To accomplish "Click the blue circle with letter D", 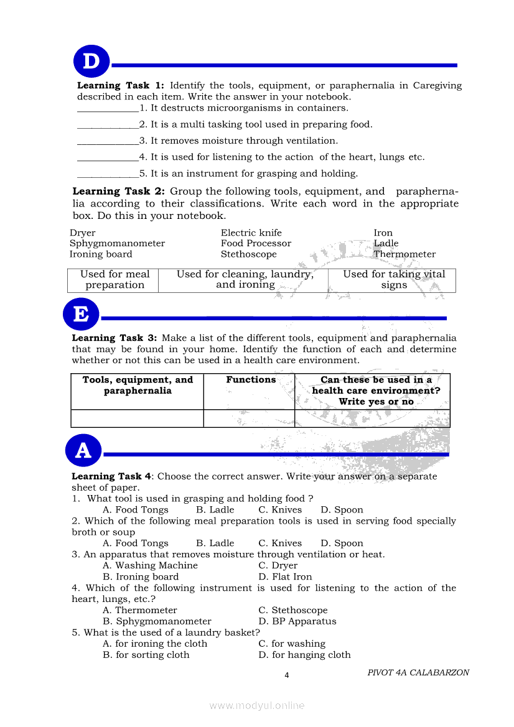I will (91, 62).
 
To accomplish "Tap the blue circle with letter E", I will (81, 314).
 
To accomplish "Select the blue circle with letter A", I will (83, 450).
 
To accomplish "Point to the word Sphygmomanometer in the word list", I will (117, 244).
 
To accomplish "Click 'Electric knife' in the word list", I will (251, 233).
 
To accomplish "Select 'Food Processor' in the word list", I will (256, 244).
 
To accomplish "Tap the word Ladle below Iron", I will (386, 244).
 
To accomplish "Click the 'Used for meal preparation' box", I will (114, 280).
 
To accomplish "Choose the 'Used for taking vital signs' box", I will (394, 280).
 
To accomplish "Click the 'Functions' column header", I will (251, 380).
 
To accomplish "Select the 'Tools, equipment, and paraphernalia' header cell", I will (138, 386).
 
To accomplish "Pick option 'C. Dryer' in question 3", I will (278, 566).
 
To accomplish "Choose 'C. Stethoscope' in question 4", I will (292, 611).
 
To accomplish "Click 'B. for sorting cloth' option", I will (146, 655).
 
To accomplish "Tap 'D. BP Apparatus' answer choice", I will (297, 622).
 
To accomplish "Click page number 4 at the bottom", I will (286, 676).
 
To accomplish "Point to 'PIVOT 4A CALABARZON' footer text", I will (418, 673).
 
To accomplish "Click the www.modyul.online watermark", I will (257, 706).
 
